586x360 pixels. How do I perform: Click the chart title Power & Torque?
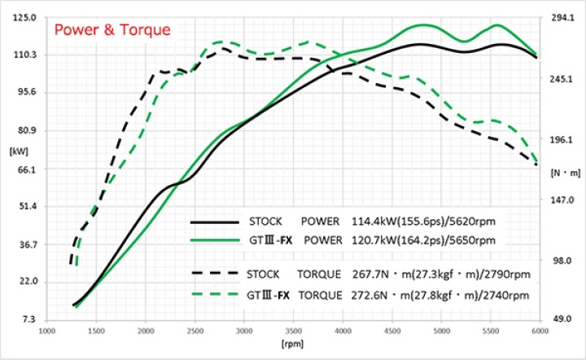pos(112,30)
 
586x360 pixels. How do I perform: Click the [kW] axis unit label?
pos(18,151)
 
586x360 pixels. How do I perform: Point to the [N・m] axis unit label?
pos(565,172)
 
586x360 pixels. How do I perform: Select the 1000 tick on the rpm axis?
pos(47,331)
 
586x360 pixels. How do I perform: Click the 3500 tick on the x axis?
pos(294,331)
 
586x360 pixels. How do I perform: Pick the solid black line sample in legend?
pos(214,221)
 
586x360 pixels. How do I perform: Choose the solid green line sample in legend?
pos(214,240)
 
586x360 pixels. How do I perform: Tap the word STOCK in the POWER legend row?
pos(265,221)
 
